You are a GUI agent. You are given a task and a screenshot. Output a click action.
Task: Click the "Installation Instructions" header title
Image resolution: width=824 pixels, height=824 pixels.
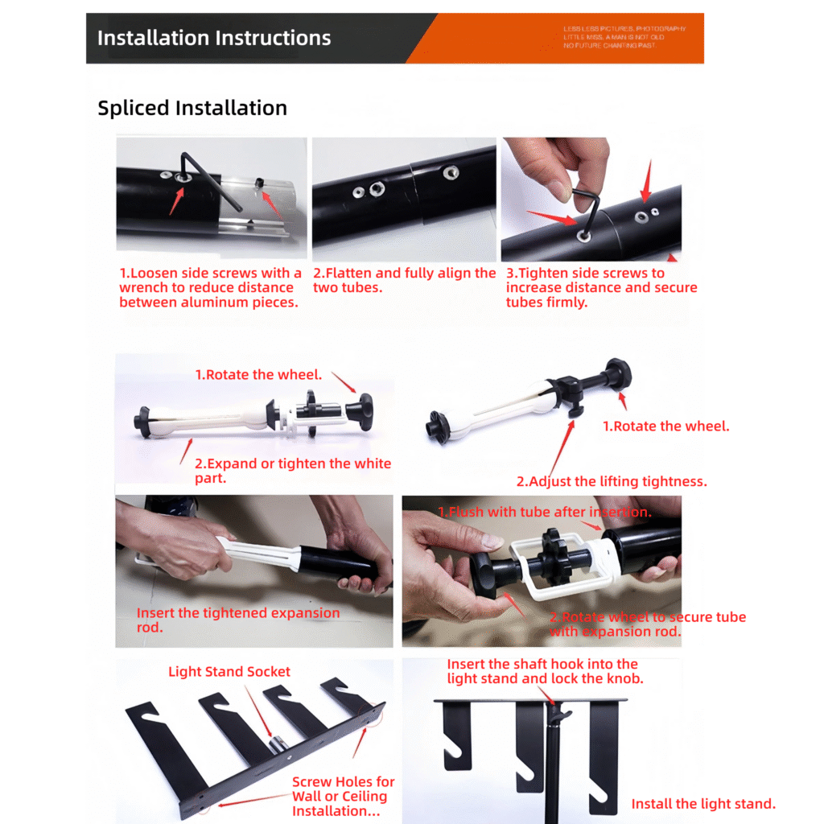coord(213,38)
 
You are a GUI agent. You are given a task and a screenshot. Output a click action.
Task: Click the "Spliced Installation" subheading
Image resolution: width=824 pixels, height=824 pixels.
coord(192,108)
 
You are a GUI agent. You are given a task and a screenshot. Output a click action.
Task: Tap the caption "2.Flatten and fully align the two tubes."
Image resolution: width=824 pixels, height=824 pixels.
coord(404,280)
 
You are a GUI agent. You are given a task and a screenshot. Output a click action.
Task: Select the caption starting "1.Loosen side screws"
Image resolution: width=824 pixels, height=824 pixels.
coord(210,287)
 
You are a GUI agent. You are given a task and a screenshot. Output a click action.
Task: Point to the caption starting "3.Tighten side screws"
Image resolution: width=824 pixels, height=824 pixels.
coord(600,287)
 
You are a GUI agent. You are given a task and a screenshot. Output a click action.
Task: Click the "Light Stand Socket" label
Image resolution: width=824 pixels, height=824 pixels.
coord(229,671)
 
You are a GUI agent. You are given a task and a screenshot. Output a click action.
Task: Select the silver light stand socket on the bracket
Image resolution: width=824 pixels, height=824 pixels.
coord(276,744)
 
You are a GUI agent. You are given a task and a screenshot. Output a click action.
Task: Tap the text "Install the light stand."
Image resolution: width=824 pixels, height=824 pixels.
coord(702,803)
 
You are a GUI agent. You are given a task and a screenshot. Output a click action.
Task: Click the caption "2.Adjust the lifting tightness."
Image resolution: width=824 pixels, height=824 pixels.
coord(611,481)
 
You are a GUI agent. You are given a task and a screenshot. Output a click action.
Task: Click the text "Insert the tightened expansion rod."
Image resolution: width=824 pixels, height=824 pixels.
coord(237,620)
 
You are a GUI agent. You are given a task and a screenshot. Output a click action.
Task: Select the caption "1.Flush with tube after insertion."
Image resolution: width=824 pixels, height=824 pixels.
coord(544,512)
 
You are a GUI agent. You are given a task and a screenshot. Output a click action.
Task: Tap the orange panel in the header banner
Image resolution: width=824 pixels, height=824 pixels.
coord(563,38)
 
